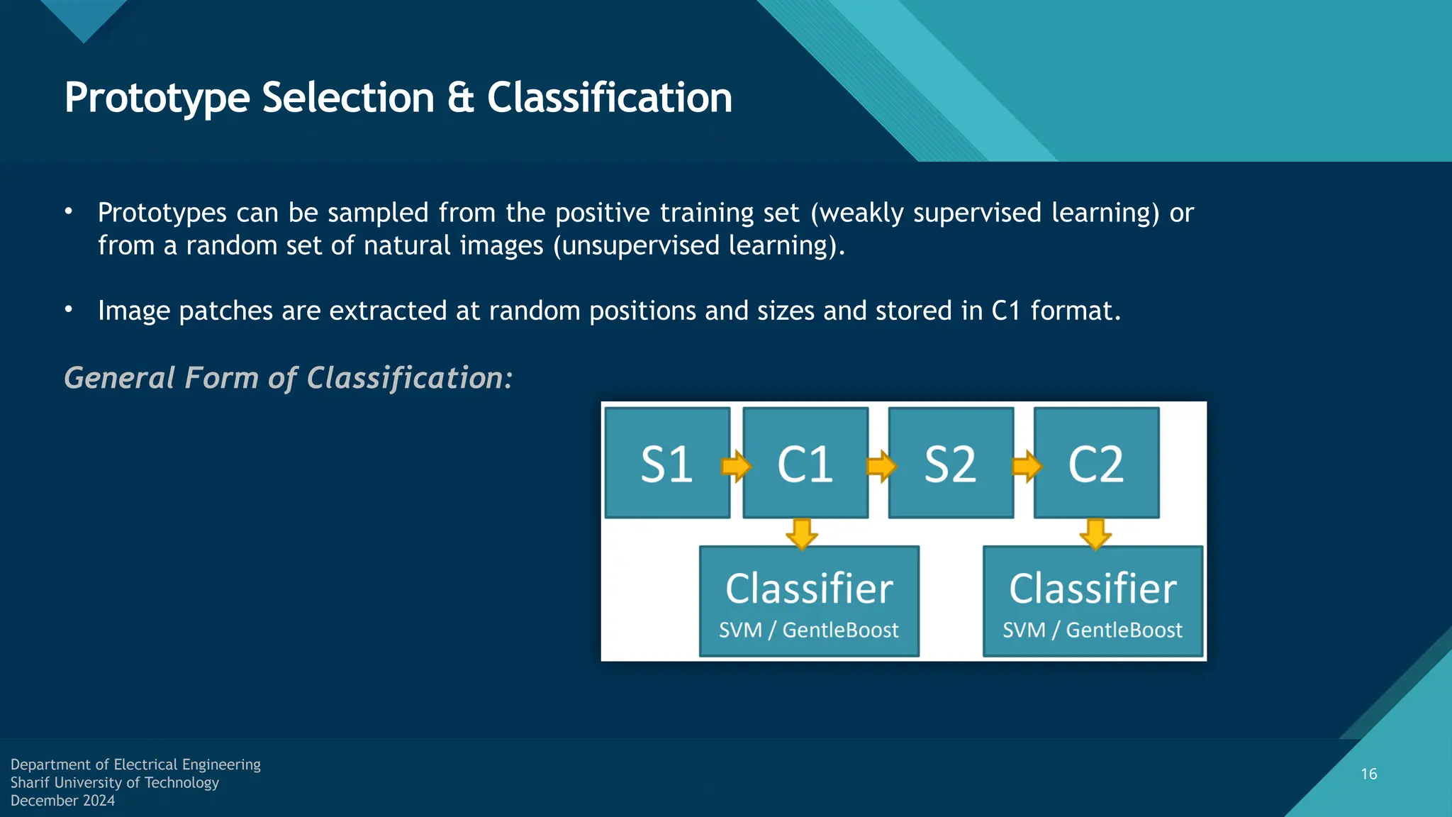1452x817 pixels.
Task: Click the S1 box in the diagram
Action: [667, 463]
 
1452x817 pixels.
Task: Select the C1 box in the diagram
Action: [805, 463]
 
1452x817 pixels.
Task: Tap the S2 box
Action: [951, 463]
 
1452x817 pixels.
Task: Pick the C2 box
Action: [1096, 463]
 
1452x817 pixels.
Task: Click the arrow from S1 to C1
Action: [736, 466]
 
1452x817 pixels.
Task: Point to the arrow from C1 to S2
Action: [881, 466]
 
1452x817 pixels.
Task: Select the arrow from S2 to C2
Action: [1027, 466]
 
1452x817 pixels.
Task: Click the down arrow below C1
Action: [802, 533]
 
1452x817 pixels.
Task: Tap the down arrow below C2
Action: [1095, 533]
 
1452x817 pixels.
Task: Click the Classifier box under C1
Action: [809, 601]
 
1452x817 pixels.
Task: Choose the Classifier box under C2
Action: [1093, 601]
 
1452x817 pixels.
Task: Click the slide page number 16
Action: [1369, 774]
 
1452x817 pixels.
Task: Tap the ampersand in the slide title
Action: [461, 98]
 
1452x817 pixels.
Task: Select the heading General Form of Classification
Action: [288, 377]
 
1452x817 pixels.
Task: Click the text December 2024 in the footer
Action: [62, 801]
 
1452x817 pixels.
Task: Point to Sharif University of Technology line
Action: [114, 782]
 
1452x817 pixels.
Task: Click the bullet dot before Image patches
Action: [69, 309]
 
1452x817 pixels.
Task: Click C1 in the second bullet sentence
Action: [1005, 311]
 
